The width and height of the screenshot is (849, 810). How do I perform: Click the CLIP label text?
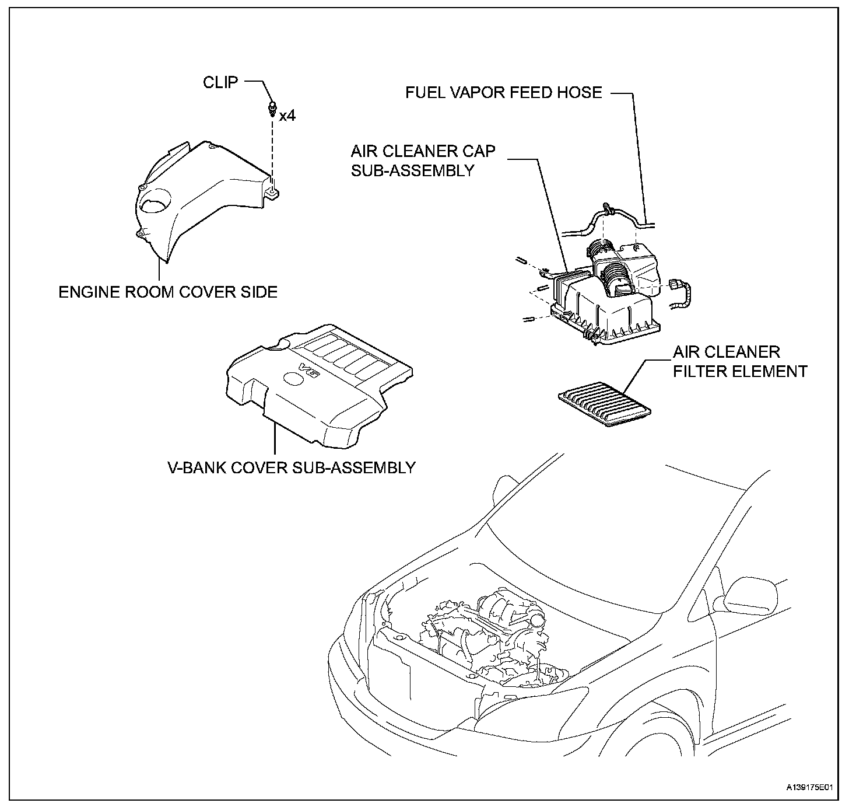[220, 83]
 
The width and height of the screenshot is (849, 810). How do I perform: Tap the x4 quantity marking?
[287, 116]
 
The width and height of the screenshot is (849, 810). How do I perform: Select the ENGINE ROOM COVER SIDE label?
[168, 292]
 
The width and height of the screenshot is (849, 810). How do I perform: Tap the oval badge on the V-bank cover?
[293, 378]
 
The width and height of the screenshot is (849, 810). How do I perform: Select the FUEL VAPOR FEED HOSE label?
[504, 93]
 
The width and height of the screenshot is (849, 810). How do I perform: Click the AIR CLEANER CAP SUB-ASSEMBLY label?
[423, 160]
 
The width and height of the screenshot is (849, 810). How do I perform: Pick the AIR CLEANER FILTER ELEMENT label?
[740, 362]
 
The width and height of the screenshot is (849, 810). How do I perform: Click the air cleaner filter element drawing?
[606, 405]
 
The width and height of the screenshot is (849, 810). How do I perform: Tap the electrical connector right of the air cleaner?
[676, 285]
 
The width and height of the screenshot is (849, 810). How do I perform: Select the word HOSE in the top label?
[578, 93]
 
